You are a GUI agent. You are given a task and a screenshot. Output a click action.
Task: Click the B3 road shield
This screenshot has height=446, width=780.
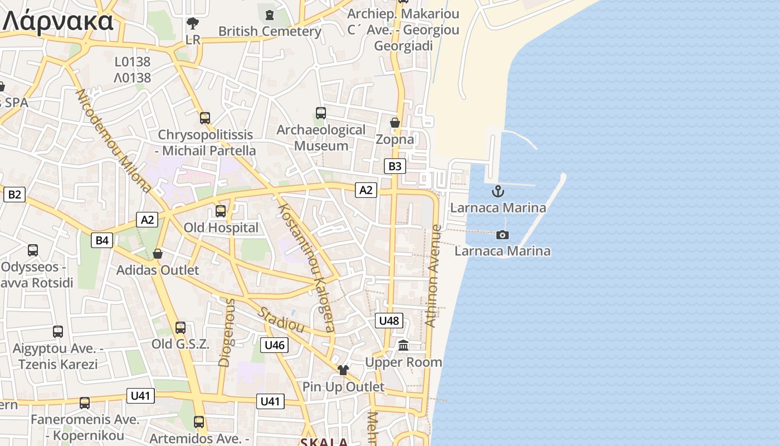[394, 166]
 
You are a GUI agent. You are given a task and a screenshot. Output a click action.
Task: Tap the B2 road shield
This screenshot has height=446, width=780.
[14, 194]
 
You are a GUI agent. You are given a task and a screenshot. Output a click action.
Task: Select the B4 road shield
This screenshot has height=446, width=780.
[102, 240]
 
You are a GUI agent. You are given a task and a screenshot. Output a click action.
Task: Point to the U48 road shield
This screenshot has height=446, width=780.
[389, 320]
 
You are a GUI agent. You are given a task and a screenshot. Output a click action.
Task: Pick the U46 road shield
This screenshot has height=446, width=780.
[275, 345]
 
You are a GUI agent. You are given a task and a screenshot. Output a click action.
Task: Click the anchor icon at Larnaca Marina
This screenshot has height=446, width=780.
[498, 192]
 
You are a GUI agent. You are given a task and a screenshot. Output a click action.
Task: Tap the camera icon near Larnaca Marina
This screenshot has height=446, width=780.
[503, 235]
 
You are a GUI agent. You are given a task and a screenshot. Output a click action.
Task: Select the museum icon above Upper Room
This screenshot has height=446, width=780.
[404, 346]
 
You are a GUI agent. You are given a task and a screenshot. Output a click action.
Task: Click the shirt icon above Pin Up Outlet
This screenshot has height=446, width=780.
[343, 370]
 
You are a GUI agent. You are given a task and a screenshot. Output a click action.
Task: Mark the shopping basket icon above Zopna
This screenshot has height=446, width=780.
[395, 122]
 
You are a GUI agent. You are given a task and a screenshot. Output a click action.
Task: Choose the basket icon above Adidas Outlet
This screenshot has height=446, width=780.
[158, 254]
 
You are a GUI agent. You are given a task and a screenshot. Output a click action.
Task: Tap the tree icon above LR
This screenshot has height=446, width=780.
[193, 23]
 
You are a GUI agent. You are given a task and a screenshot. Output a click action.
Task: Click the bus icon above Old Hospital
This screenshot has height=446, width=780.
[221, 211]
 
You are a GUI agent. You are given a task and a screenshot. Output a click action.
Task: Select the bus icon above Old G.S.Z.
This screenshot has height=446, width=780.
[181, 328]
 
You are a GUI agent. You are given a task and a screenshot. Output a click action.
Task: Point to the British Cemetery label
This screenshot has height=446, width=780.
[270, 31]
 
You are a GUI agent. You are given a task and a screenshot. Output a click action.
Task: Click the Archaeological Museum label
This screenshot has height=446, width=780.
[321, 138]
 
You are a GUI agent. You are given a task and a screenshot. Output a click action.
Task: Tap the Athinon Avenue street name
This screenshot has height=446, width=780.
[433, 275]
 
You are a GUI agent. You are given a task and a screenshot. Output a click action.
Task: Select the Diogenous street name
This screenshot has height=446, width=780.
[227, 332]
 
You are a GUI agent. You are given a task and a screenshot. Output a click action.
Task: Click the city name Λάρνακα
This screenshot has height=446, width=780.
[58, 21]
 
